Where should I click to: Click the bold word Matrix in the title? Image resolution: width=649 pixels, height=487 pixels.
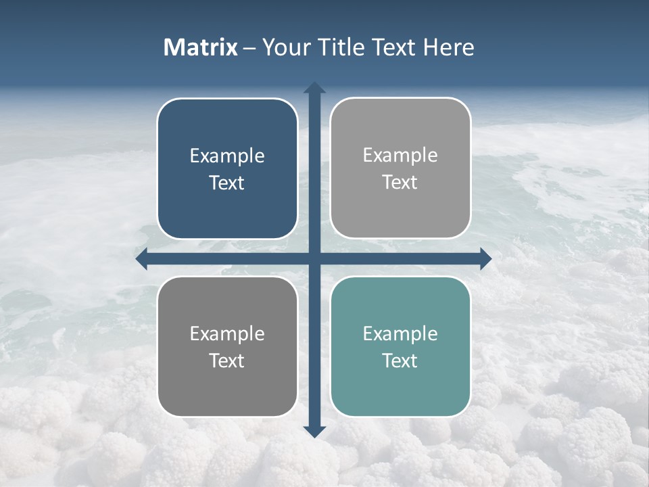click(201, 47)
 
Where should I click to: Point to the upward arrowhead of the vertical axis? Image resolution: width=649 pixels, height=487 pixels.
click(314, 88)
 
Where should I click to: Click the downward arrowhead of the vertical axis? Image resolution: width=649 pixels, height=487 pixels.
click(314, 431)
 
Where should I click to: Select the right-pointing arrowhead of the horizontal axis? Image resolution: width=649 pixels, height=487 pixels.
click(485, 259)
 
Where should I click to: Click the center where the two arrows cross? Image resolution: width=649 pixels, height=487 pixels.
click(314, 259)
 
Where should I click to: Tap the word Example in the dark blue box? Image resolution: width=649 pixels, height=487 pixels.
click(227, 156)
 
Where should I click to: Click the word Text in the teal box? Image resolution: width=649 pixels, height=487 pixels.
click(400, 361)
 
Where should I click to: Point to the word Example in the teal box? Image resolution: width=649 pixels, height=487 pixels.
click(400, 333)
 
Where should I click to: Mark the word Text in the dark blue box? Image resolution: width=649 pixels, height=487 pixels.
click(227, 183)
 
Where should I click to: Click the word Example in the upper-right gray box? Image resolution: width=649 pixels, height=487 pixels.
click(400, 155)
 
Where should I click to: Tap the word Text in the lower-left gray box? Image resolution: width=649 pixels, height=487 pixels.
click(227, 361)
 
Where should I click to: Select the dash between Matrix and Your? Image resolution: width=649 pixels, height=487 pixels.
click(249, 48)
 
